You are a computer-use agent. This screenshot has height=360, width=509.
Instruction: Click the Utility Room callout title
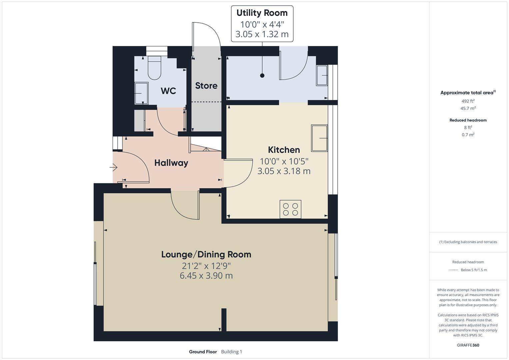[262, 13]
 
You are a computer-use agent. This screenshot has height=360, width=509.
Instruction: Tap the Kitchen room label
[284, 150]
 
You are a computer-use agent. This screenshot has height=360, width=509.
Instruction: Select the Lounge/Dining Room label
[206, 254]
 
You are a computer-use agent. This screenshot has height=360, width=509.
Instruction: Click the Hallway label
[171, 163]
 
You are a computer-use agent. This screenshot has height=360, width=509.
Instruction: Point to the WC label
[168, 91]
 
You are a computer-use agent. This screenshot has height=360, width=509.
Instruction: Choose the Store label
[206, 86]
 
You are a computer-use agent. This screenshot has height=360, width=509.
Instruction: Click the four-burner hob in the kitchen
[290, 209]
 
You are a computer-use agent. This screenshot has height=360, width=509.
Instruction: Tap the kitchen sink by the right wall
[319, 138]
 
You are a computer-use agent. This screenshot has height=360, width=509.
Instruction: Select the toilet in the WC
[154, 68]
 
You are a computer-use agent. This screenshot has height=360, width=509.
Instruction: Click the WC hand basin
[141, 94]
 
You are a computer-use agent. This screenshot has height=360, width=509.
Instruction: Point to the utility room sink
[322, 76]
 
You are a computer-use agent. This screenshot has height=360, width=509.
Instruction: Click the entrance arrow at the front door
[113, 167]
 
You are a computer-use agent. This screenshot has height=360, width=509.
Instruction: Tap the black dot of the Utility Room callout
[262, 76]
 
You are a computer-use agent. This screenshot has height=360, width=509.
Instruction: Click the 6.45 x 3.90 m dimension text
[206, 276]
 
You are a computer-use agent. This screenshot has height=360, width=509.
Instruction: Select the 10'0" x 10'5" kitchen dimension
[284, 161]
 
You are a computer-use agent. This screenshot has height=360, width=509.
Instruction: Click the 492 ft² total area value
[468, 101]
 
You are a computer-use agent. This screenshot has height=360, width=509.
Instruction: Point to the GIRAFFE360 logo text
[468, 345]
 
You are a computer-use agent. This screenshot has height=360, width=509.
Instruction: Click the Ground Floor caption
[203, 352]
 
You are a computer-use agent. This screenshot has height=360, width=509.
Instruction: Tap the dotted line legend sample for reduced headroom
[453, 270]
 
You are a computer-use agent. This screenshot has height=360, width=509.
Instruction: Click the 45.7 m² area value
[468, 108]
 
